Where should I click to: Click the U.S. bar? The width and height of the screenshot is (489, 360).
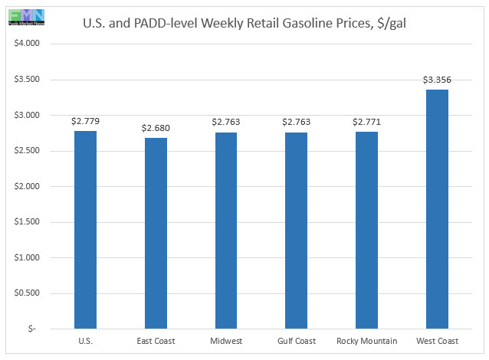85,230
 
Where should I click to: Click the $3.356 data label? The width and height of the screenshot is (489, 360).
437,80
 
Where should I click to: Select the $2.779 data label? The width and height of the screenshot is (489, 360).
85,121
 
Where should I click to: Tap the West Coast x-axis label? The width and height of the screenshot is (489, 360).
437,342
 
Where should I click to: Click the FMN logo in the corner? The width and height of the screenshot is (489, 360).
23,15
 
